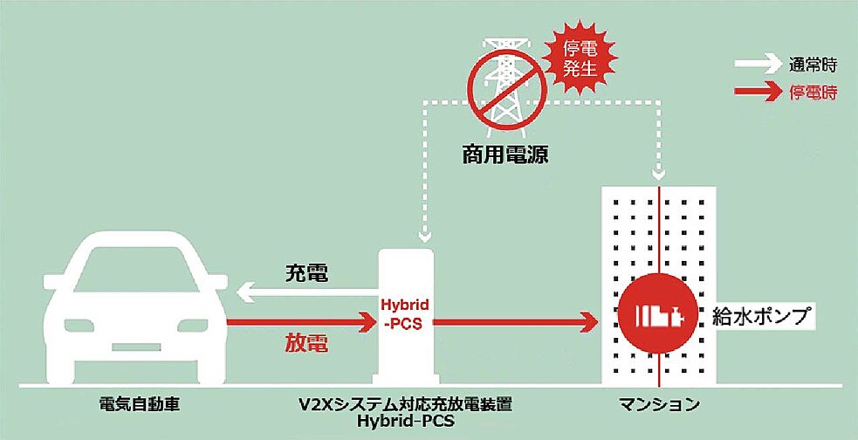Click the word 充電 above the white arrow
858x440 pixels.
pyautogui.click(x=306, y=273)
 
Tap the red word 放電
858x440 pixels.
pyautogui.click(x=306, y=343)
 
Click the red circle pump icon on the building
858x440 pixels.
pyautogui.click(x=659, y=314)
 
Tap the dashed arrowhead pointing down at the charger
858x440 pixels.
pyautogui.click(x=425, y=235)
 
